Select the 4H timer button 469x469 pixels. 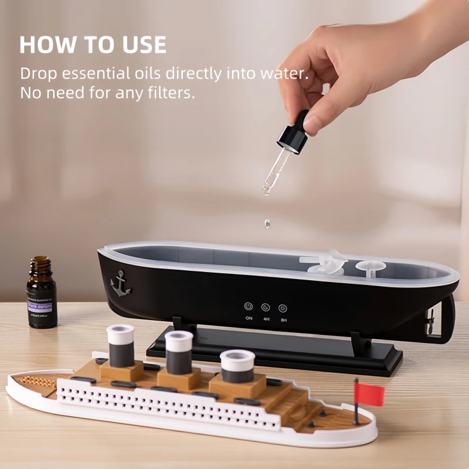tap(266, 307)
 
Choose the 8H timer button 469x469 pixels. tap(283, 307)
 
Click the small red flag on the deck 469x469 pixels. tap(369, 393)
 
